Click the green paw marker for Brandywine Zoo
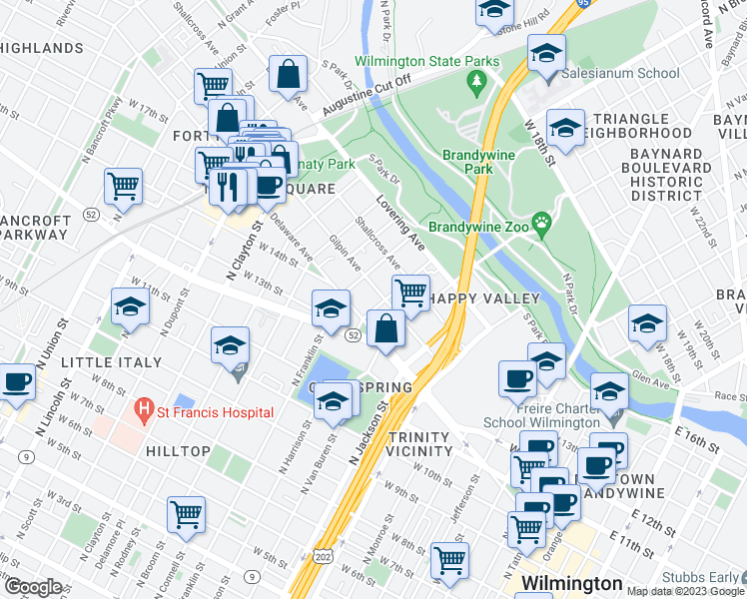pyautogui.click(x=542, y=221)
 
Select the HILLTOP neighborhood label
pyautogui.click(x=178, y=451)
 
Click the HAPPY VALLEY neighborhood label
pyautogui.click(x=485, y=299)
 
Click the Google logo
pyautogui.click(x=33, y=587)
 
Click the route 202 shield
pyautogui.click(x=322, y=554)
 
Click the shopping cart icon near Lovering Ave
pyautogui.click(x=410, y=293)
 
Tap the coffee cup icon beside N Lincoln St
pyautogui.click(x=16, y=381)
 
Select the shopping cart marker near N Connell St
pyautogui.click(x=186, y=514)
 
